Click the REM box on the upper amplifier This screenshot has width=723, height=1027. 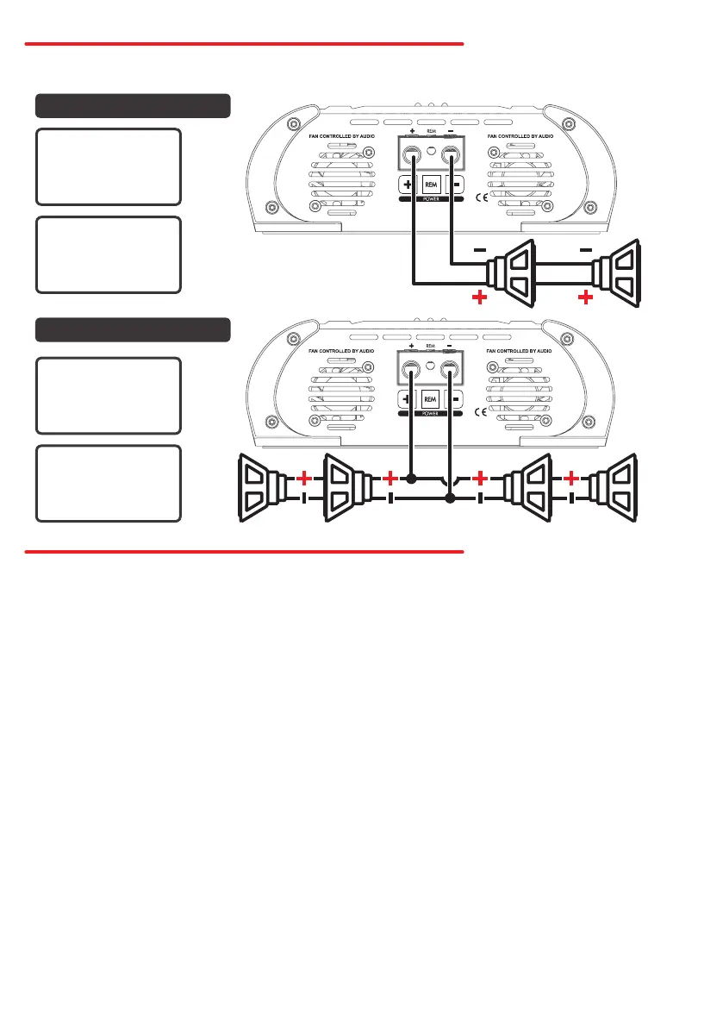tap(432, 185)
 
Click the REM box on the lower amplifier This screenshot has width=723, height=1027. tap(432, 399)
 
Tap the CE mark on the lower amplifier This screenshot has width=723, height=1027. tap(483, 411)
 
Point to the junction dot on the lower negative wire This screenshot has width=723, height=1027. tap(449, 498)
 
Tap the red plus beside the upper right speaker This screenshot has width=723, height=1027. tap(587, 298)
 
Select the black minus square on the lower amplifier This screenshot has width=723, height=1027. tap(458, 399)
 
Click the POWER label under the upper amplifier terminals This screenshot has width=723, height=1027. tap(432, 201)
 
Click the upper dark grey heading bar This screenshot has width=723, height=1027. tap(133, 105)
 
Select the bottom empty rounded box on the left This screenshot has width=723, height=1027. tap(109, 484)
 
